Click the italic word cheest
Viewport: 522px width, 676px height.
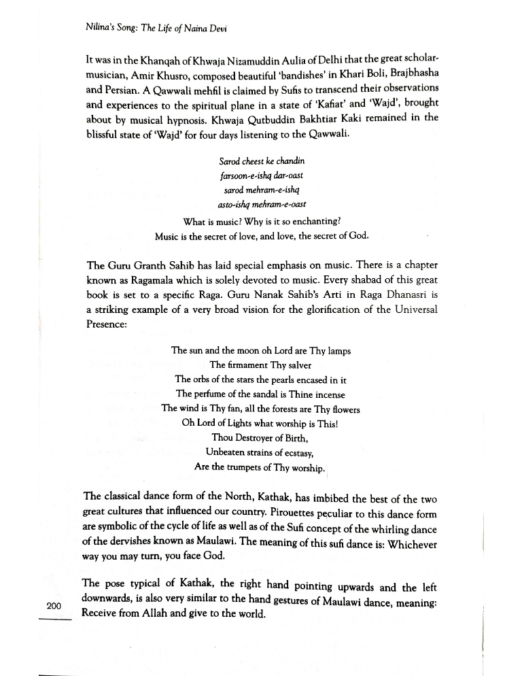coord(256,160)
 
